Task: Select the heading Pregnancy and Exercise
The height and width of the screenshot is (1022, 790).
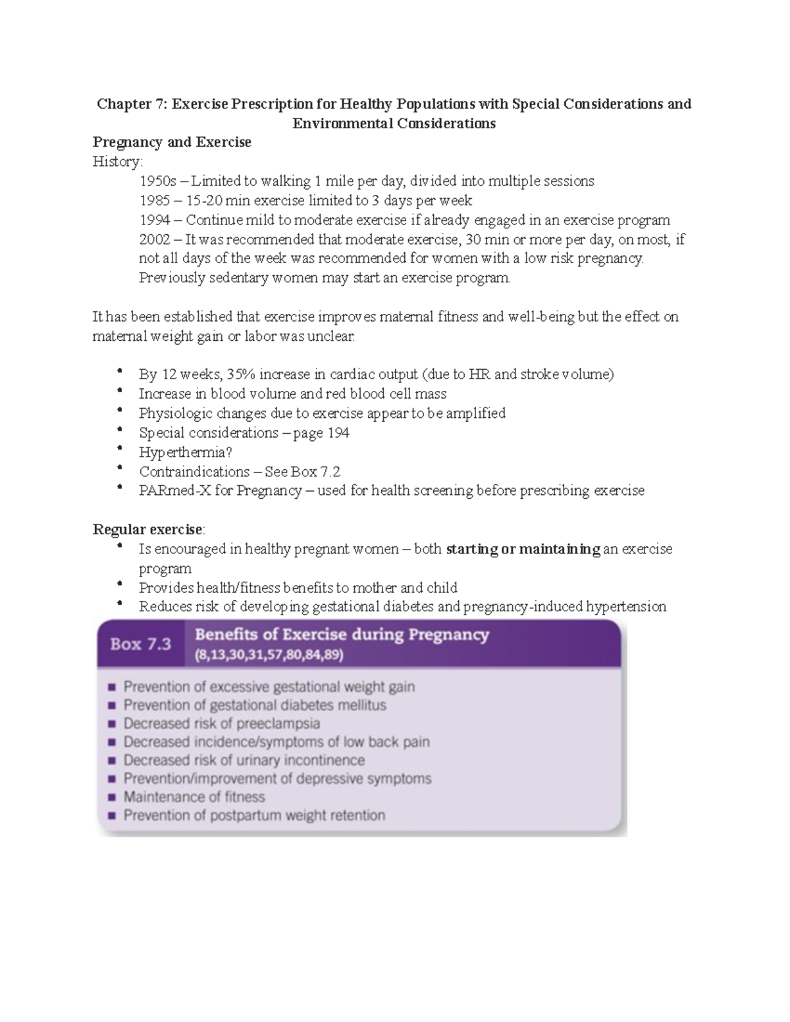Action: [172, 142]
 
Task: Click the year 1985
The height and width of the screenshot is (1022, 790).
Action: [155, 200]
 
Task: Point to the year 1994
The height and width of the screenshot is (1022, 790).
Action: [155, 220]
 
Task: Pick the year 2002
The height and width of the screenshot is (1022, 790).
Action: [155, 239]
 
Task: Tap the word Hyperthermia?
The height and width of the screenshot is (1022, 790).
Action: [186, 452]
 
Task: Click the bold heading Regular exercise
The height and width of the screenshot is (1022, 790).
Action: [148, 530]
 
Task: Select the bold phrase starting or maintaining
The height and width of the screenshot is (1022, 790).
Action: [523, 549]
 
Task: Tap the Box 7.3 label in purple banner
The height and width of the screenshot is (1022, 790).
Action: [140, 644]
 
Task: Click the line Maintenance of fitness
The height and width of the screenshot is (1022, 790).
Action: [194, 797]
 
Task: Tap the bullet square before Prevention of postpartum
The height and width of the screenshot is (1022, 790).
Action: [111, 815]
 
